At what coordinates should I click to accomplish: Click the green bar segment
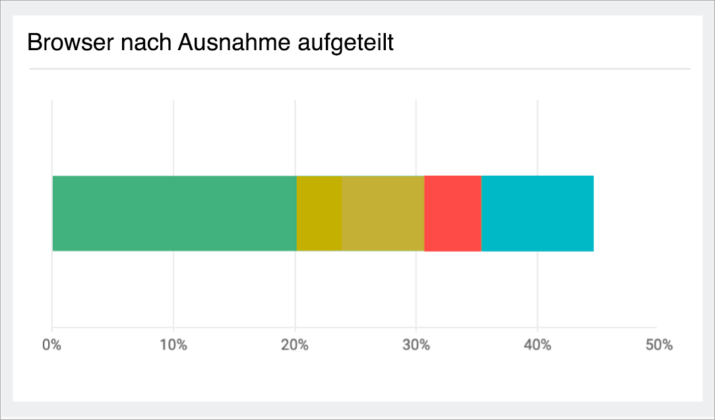click(174, 213)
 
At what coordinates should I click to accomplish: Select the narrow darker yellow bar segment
click(319, 213)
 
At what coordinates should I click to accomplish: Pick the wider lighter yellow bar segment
click(383, 213)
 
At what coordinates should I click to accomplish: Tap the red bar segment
click(452, 213)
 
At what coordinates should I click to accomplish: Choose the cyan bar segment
click(537, 213)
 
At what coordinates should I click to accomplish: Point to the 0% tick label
click(51, 345)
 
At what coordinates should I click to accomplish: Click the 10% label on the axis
click(173, 345)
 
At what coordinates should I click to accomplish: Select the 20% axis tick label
click(295, 345)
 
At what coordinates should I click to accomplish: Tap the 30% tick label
click(416, 345)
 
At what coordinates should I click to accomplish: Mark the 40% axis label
click(538, 345)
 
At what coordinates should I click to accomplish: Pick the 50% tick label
click(659, 345)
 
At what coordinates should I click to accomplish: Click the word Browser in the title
click(67, 44)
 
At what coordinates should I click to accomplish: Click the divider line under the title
click(359, 69)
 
